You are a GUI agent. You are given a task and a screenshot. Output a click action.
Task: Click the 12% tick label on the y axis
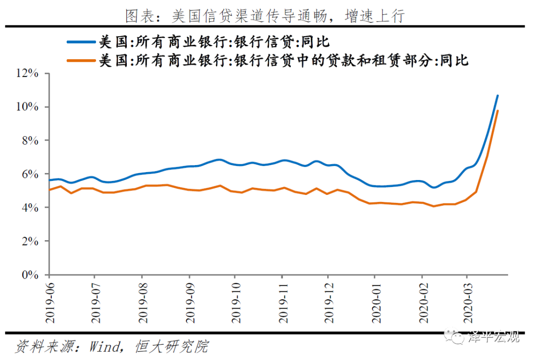tap(27, 74)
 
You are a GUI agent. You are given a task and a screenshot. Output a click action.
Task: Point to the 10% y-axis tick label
tap(27, 107)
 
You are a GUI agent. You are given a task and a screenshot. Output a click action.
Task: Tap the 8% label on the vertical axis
tap(30, 141)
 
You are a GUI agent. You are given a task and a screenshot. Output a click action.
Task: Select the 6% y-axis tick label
tap(30, 174)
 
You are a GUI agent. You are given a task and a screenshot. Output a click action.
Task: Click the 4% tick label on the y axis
tap(30, 207)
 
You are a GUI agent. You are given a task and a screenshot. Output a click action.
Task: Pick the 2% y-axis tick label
tap(30, 241)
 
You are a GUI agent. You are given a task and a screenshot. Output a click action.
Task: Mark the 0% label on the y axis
tap(30, 274)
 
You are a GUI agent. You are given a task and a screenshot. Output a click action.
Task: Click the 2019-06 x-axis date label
tap(49, 303)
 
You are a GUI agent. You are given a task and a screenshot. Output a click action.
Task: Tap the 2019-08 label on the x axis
tap(142, 303)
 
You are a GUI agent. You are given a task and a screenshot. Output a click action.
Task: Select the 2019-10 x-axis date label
tap(235, 303)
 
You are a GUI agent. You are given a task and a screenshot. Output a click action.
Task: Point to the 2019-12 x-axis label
tap(328, 303)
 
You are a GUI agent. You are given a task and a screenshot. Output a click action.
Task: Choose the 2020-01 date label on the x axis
tap(375, 303)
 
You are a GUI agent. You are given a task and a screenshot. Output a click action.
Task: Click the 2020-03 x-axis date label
tap(467, 303)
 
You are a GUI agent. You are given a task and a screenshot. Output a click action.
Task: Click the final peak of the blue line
tap(498, 95)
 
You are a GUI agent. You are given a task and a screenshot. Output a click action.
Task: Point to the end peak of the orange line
tap(498, 110)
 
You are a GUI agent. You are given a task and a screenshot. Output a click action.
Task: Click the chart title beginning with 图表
tap(265, 16)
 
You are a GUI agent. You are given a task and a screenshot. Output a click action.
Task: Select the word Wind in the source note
tap(104, 346)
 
